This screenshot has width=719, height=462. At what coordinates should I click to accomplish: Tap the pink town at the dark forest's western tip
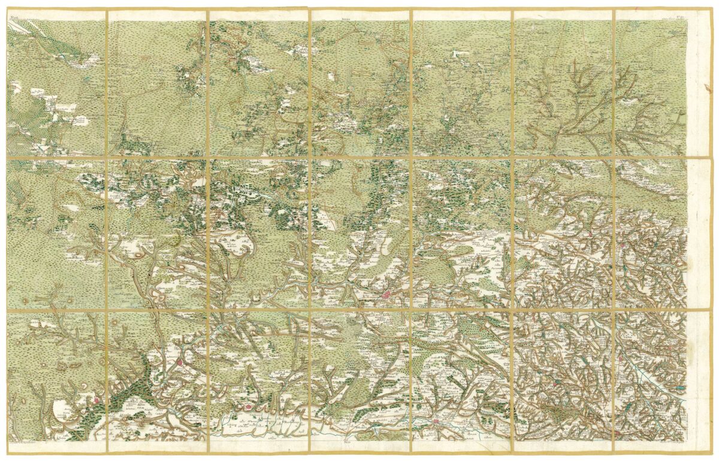point(96,399)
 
